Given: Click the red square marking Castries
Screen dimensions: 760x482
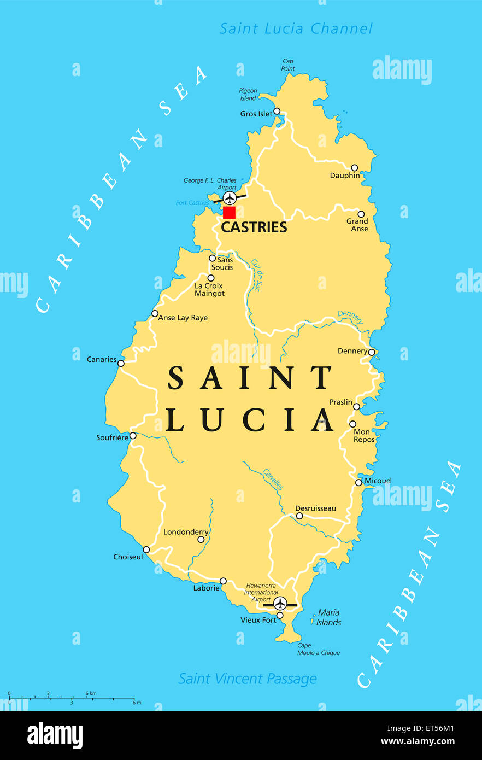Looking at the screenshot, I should click(x=229, y=213).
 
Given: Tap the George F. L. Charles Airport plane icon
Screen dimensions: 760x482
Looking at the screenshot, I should click(x=230, y=197).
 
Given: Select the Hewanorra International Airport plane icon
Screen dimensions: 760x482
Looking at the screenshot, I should click(x=280, y=603).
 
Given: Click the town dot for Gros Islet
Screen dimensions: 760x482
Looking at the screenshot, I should click(x=277, y=111).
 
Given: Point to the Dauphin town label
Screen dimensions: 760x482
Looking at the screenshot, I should click(x=345, y=176).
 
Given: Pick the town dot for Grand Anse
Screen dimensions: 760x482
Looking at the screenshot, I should click(x=361, y=214).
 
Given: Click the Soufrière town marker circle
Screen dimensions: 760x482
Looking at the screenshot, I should click(x=133, y=436).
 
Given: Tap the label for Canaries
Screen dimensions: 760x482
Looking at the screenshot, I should click(x=102, y=359).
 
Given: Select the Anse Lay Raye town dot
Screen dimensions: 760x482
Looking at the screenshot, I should click(x=155, y=314).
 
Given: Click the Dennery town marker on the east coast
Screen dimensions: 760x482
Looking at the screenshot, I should click(x=372, y=352).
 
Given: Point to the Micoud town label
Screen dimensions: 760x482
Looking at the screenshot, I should click(x=378, y=481).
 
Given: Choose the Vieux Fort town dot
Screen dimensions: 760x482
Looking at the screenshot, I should click(x=280, y=615).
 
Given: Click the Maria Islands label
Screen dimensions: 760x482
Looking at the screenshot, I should click(x=328, y=617).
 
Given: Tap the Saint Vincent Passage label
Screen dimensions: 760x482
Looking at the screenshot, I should click(x=248, y=679).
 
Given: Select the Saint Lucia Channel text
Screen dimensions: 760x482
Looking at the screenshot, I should click(x=296, y=28).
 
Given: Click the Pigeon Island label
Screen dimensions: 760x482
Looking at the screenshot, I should click(x=248, y=95).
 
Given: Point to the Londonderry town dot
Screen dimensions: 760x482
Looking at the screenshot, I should click(x=201, y=539).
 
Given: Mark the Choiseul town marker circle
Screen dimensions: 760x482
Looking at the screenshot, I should click(x=146, y=549).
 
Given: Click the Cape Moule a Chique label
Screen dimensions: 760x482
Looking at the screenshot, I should click(x=319, y=649).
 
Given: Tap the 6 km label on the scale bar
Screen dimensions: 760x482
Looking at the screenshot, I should click(x=91, y=693).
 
